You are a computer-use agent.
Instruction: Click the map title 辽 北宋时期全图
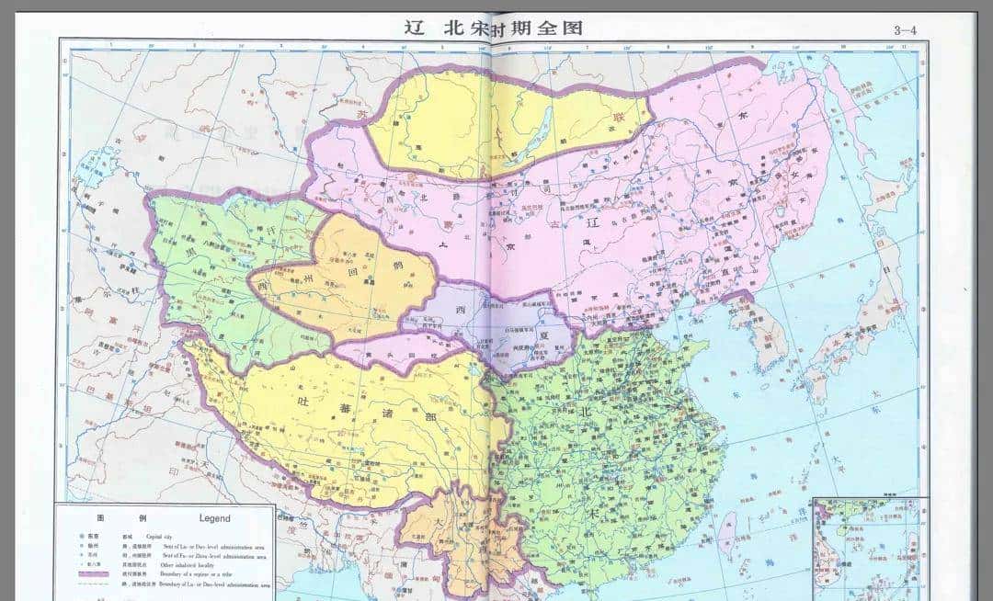(494, 27)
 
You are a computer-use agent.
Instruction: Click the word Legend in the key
(215, 518)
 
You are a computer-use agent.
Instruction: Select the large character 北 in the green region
(586, 412)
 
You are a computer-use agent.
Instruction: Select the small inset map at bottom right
(870, 546)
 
